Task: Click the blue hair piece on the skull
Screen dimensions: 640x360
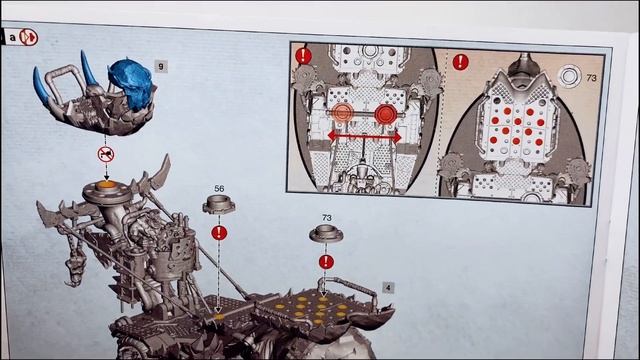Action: [131, 85]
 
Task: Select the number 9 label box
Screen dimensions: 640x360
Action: [161, 66]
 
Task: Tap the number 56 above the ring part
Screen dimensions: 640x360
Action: [219, 189]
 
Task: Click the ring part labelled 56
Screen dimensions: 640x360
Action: [219, 204]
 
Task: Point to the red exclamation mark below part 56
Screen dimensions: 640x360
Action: [219, 233]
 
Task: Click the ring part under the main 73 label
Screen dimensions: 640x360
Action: [326, 234]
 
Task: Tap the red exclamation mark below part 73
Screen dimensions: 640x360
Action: [326, 262]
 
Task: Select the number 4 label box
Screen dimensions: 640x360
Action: [388, 288]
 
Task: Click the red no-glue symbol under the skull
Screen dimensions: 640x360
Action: [106, 154]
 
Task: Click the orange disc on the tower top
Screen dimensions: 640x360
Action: [107, 184]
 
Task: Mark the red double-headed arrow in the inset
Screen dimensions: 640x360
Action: [364, 137]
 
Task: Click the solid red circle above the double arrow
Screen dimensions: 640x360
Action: [386, 114]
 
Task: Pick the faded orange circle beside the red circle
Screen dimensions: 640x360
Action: [342, 113]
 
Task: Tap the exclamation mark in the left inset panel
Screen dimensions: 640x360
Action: [303, 56]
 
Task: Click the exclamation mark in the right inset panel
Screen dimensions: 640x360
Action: [461, 62]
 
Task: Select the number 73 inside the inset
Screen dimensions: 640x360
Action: [591, 78]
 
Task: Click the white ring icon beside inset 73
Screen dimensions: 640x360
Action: [569, 76]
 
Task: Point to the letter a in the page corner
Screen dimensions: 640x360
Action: [13, 38]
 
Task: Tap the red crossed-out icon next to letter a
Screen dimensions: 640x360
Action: [29, 38]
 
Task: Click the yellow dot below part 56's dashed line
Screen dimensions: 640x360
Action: [219, 317]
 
